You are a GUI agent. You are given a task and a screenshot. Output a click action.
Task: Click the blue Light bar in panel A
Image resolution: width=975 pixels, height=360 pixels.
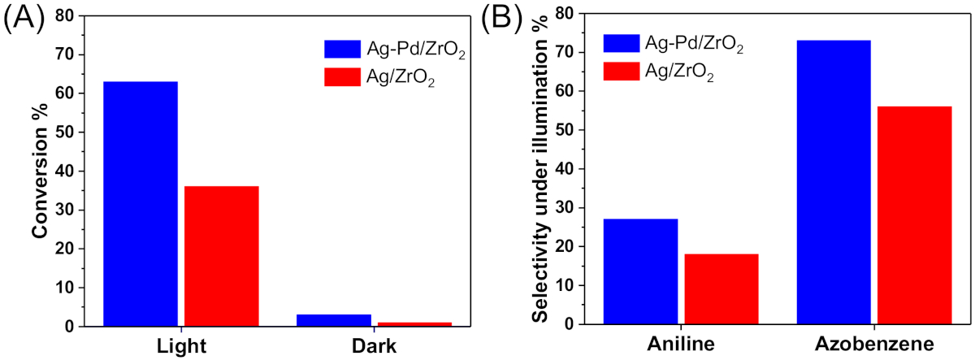141,203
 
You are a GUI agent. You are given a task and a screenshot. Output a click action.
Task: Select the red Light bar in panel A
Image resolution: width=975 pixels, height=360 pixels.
222,256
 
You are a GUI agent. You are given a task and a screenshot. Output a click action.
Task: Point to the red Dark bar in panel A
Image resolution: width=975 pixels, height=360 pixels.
414,323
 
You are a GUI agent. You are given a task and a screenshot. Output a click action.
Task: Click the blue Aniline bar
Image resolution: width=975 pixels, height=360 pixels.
640,271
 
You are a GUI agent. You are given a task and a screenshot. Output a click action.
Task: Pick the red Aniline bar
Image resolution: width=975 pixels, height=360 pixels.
721,289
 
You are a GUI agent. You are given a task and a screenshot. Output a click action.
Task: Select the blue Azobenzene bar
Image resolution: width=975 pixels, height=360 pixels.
834,182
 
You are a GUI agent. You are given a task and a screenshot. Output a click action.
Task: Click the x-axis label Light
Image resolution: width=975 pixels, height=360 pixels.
181,345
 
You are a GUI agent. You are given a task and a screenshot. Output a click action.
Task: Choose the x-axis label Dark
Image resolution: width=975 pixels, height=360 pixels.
375,345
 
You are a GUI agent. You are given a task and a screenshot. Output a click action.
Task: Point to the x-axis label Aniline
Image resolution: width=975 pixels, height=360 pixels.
680,344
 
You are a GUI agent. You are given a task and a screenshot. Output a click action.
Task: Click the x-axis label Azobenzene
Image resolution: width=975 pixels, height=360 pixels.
874,344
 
